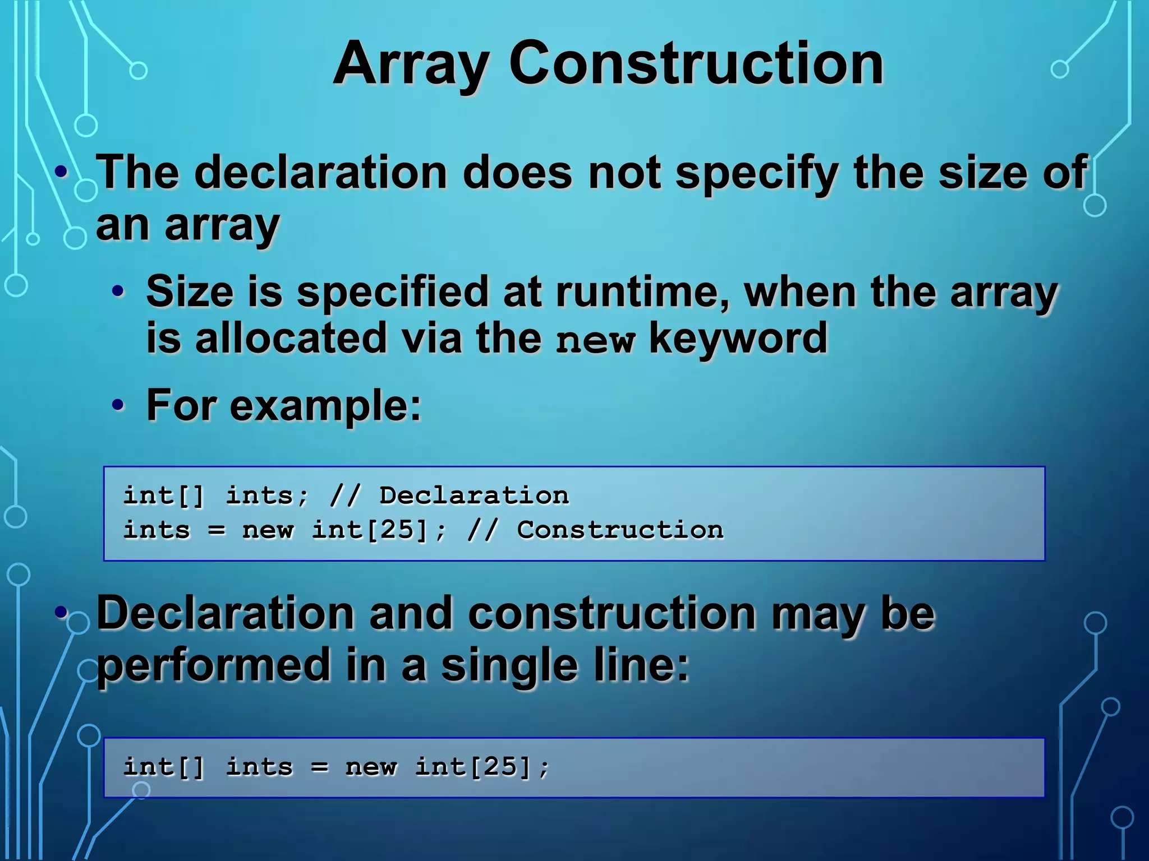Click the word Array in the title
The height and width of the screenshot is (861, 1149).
pyautogui.click(x=411, y=64)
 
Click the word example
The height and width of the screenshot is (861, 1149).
pyautogui.click(x=325, y=406)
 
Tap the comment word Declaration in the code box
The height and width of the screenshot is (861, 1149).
pyautogui.click(x=474, y=496)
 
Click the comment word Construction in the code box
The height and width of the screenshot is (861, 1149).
pyautogui.click(x=620, y=530)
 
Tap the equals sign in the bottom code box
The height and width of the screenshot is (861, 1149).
pyautogui.click(x=319, y=767)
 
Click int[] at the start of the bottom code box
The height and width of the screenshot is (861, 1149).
pyautogui.click(x=163, y=767)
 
